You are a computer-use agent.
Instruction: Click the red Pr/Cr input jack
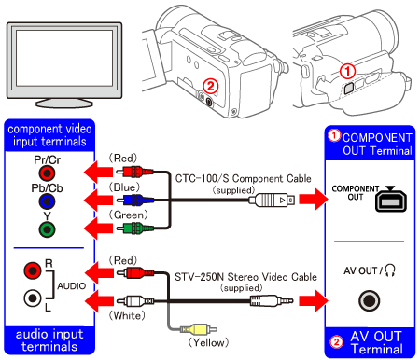[47, 173]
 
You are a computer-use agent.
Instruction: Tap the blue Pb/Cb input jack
[47, 201]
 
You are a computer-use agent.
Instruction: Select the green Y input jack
[47, 229]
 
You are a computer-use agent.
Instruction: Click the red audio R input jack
[33, 270]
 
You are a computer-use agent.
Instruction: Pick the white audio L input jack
[33, 298]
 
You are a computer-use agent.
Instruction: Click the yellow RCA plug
[199, 329]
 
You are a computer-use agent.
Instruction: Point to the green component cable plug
[134, 228]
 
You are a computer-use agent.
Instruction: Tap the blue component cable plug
[134, 200]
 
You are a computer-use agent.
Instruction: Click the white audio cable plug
[135, 301]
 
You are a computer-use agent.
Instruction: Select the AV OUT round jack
[370, 300]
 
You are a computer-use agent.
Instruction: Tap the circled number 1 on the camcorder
[347, 72]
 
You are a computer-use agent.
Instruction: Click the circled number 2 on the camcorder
[211, 86]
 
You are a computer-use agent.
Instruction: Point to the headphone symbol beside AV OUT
[390, 270]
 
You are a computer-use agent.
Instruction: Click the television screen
[64, 58]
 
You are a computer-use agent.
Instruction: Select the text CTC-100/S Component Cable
[244, 178]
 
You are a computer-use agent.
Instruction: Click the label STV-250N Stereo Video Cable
[245, 277]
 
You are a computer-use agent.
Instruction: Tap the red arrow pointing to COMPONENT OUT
[314, 199]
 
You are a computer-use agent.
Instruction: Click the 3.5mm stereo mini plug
[272, 300]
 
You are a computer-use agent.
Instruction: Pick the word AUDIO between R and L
[72, 285]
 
